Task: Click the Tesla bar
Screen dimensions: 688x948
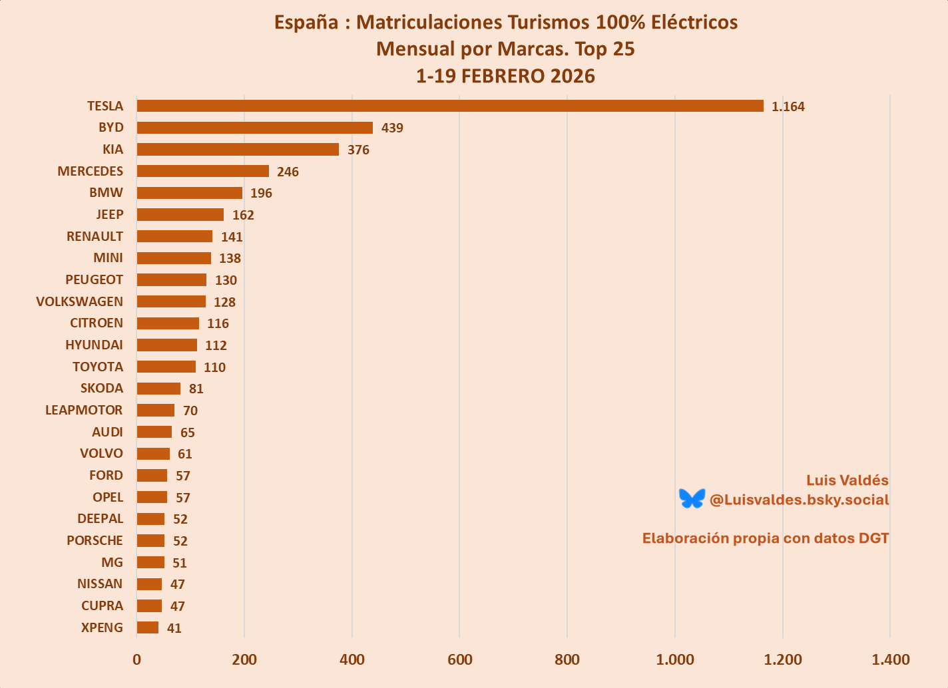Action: coord(450,106)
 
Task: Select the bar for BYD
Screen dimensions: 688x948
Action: coord(254,128)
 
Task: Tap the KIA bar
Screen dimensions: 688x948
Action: coord(238,149)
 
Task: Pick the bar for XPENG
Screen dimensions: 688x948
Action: coord(148,627)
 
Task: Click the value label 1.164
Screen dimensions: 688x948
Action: coord(788,106)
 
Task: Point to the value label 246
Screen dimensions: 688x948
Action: coord(288,172)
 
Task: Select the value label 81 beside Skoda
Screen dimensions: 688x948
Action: coord(196,389)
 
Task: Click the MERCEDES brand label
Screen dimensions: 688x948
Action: coord(91,171)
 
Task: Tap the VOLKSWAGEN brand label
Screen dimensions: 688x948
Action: coord(80,301)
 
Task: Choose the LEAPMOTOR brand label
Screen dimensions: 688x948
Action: coord(84,410)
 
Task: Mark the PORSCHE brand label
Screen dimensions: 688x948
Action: coord(95,540)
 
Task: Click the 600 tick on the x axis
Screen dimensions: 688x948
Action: coord(459,659)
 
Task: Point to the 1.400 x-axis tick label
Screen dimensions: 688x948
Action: coord(890,659)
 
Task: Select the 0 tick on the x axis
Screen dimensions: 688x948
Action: coord(137,659)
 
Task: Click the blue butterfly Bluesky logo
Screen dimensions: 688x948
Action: coord(692,498)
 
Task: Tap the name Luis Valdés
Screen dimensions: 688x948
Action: coord(847,480)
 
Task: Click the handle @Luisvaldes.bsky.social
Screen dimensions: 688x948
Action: coord(799,500)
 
